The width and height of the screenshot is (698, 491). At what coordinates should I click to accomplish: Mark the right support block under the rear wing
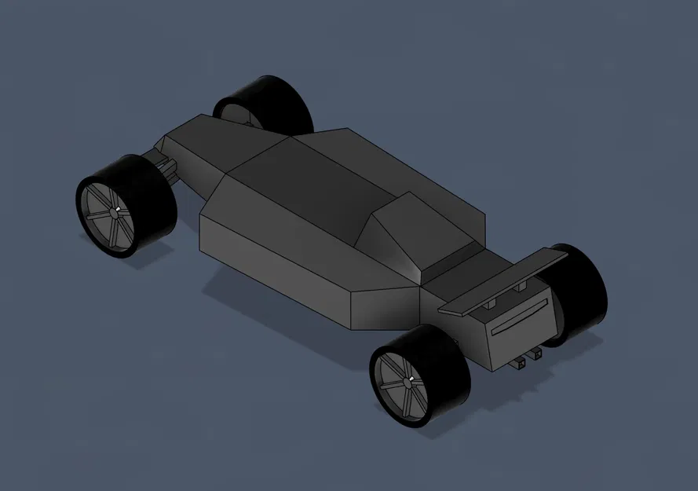point(519,291)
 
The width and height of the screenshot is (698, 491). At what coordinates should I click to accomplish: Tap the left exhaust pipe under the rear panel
point(521,364)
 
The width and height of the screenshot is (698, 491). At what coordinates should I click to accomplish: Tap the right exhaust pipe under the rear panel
point(537,354)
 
